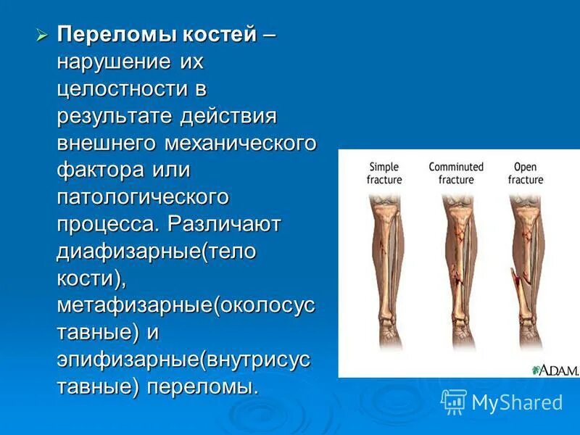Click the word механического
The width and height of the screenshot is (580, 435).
240,143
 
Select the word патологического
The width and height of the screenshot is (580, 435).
143,197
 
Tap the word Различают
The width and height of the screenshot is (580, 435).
224,224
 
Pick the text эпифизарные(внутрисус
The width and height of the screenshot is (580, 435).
184,360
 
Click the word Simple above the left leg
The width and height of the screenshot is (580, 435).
384,167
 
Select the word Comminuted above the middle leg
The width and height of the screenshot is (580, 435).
456,167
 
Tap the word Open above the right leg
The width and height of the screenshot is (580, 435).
525,167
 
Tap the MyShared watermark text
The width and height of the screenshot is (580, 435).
517,402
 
